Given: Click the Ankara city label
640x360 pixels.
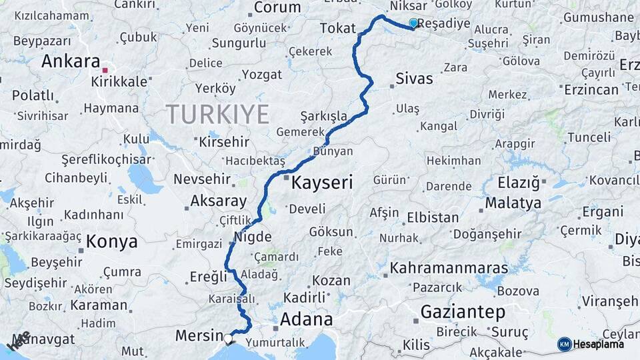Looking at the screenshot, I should (71, 61).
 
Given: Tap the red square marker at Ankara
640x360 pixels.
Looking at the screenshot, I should (105, 69).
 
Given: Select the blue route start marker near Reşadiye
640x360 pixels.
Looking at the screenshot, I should (413, 23).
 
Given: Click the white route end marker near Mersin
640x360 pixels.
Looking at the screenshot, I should (229, 338).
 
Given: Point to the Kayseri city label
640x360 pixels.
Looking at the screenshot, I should (321, 182).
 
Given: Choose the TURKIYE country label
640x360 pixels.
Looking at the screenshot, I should (217, 114).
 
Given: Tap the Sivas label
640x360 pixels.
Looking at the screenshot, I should (414, 79).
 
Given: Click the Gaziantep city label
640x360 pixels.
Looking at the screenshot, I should (463, 311).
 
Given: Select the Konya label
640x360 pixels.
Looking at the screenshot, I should (112, 241).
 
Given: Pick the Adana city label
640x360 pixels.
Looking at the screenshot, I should (306, 319).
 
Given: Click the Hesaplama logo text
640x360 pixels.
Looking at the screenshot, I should (599, 344).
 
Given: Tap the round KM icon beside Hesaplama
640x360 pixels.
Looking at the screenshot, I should (565, 344).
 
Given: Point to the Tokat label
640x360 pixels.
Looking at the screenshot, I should (338, 28).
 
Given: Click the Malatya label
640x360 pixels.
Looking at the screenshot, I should (513, 203).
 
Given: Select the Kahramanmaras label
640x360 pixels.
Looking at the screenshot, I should (449, 269).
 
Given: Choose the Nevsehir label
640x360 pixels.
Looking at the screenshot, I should (202, 179).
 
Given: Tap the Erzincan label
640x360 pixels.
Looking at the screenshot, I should (590, 90).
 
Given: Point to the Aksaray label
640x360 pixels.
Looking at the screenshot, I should (219, 201).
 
